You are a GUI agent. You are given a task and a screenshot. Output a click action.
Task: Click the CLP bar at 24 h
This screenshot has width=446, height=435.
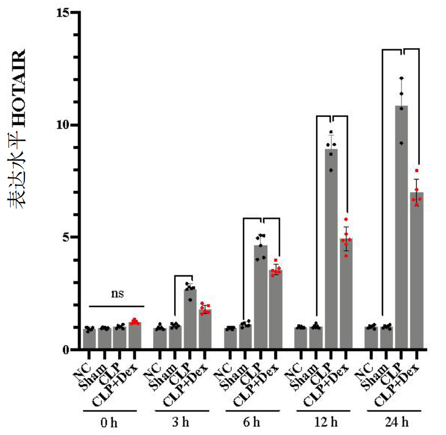pyautogui.click(x=401, y=228)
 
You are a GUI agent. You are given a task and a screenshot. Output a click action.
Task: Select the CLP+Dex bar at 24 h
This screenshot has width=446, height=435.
pyautogui.click(x=417, y=270)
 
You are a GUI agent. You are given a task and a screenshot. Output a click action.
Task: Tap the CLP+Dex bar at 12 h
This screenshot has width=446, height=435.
pyautogui.click(x=346, y=294)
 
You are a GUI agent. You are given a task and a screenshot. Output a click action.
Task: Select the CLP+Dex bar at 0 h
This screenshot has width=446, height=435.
pyautogui.click(x=135, y=336)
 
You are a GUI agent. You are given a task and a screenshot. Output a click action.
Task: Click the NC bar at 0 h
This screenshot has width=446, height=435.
pyautogui.click(x=89, y=339)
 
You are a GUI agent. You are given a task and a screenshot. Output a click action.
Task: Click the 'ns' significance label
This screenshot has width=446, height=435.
pyautogui.click(x=117, y=294)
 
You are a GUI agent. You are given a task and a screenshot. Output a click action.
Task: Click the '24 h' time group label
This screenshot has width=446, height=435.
pyautogui.click(x=396, y=423)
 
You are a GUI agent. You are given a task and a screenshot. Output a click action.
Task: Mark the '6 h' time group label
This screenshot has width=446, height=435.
pyautogui.click(x=252, y=423)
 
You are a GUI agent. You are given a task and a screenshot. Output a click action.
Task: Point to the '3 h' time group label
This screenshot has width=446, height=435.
pyautogui.click(x=181, y=423)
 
